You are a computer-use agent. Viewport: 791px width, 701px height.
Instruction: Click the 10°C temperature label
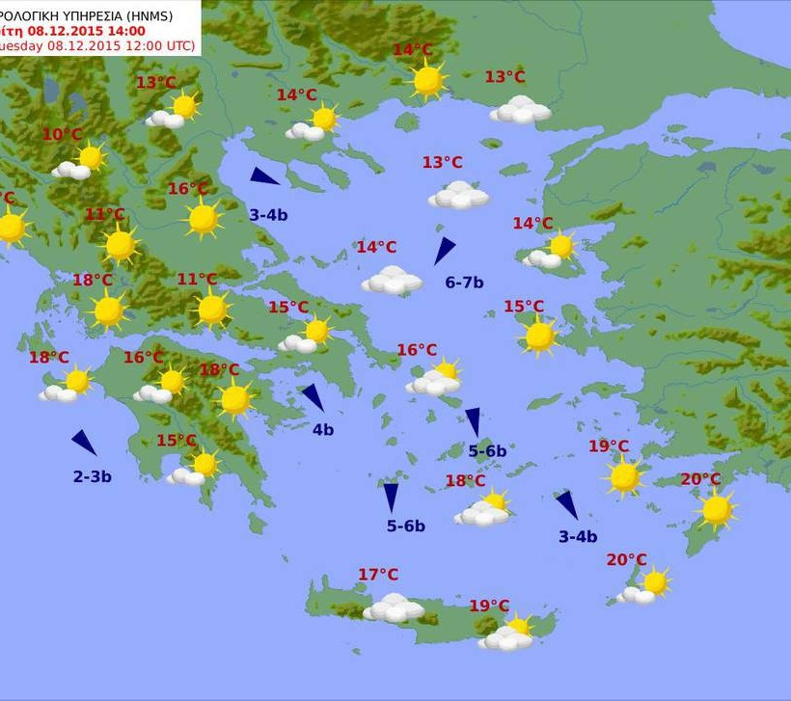63,135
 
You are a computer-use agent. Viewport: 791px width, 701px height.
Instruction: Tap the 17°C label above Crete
378,575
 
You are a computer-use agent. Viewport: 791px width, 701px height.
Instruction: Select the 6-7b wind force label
464,283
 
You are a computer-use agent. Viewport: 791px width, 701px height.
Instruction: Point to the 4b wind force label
322,430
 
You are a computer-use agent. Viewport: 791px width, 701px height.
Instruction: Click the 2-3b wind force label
93,476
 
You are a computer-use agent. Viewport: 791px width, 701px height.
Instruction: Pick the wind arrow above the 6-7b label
444,251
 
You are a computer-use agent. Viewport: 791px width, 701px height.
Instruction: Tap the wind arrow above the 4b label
313,397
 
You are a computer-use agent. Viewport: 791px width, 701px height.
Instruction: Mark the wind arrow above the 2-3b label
84,443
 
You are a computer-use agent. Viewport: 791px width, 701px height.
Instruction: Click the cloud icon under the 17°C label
394,607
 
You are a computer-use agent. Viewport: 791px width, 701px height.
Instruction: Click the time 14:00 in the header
125,31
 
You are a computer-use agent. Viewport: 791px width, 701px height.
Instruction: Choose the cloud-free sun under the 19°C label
624,476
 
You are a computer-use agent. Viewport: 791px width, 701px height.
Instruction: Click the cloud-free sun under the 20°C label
716,509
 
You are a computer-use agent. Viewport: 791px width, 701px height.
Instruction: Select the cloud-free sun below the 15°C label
539,337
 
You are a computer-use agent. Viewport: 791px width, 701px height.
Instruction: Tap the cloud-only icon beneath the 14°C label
392,281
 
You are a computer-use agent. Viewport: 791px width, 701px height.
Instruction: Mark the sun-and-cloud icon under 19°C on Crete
508,633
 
